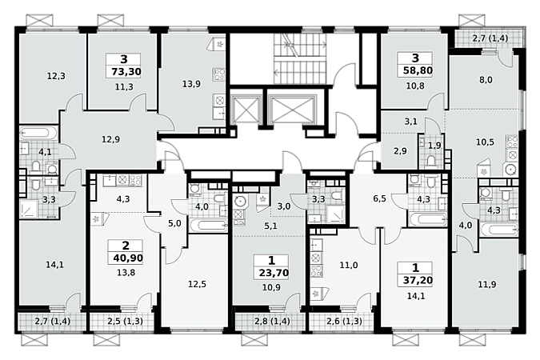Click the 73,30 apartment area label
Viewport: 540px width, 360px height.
(126, 72)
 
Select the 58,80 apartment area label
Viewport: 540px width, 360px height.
(418, 70)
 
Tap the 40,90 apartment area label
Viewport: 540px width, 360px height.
(128, 258)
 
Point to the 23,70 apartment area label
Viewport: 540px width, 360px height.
(274, 273)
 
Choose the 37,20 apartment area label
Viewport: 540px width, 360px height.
(418, 281)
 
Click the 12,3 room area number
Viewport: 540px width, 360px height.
(56, 76)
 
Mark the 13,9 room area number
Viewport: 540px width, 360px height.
(191, 84)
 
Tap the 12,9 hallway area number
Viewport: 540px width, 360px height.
(110, 139)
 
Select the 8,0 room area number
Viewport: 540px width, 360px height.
(486, 80)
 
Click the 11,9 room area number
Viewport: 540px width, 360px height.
(486, 285)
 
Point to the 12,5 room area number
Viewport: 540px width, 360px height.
(197, 285)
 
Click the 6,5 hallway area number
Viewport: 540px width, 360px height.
(379, 198)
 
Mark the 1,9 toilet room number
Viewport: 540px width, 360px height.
(434, 146)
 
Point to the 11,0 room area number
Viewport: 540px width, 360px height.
(349, 266)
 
